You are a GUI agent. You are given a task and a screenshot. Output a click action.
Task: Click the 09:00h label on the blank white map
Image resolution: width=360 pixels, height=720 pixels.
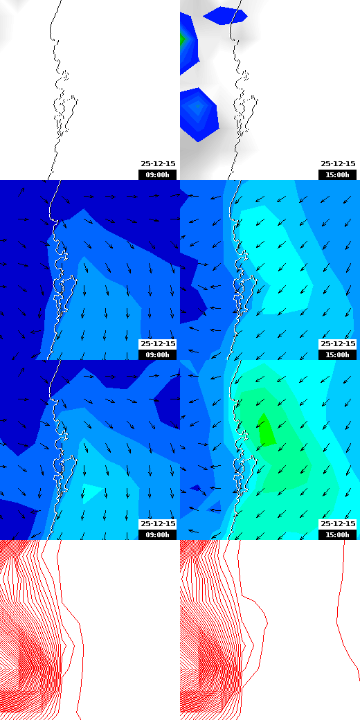coord(158,174)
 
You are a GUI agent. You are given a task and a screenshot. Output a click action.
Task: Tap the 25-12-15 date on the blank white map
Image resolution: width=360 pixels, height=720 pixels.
coord(158,164)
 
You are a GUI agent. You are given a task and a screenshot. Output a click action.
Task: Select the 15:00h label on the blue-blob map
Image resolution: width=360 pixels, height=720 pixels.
coord(338,174)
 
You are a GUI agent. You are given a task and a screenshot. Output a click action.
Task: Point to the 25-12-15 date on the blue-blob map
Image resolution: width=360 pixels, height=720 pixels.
coord(338,164)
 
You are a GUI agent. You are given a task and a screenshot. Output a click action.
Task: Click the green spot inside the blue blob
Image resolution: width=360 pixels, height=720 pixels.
coord(183,39)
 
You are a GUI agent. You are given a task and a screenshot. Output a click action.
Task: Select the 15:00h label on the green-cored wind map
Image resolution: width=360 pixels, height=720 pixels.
coord(338,534)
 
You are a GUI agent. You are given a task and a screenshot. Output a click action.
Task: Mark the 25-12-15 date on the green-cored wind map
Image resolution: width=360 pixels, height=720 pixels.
coord(338,524)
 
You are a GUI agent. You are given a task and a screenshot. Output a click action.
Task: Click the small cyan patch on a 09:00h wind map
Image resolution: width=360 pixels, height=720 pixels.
coord(93,492)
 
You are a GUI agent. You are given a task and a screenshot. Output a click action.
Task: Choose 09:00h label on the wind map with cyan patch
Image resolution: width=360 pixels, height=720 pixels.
coord(158,534)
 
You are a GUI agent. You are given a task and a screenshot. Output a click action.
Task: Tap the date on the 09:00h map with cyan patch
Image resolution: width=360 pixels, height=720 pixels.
coord(158,524)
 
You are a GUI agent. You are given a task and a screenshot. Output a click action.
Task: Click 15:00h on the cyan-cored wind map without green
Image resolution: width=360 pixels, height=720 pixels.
coord(338,354)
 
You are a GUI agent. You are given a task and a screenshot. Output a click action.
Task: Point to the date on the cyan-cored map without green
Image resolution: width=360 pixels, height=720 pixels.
coord(338,344)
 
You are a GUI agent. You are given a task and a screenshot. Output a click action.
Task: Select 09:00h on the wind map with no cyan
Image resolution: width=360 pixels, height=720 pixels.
coord(158,354)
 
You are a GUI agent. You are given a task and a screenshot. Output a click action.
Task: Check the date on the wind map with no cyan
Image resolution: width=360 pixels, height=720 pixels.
coord(158,344)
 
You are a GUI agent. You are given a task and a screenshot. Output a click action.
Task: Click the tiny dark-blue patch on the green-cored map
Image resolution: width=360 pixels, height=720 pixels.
coord(197,488)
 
